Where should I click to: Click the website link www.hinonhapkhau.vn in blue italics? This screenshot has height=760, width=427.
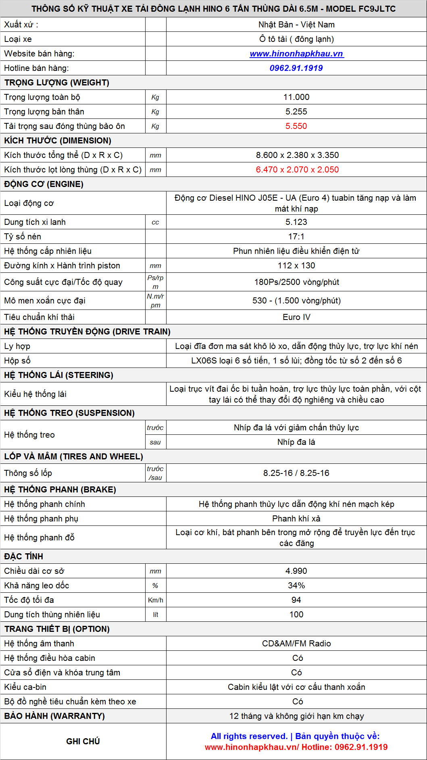296,54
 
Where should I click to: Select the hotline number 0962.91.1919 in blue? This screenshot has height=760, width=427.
296,68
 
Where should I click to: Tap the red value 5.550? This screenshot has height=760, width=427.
296,126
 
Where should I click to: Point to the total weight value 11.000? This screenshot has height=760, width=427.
296,97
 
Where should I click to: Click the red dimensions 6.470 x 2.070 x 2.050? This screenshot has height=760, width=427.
297,170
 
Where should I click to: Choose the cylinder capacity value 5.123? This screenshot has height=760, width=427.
296,222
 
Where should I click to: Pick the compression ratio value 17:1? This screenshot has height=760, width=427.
296,237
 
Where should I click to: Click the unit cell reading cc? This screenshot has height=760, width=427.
155,222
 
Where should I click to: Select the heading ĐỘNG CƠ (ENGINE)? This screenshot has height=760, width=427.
44,184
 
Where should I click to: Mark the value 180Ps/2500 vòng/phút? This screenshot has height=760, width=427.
296,282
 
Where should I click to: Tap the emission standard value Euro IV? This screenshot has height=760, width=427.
296,317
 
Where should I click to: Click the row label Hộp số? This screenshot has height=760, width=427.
17,361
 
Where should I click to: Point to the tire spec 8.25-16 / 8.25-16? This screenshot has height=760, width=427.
296,473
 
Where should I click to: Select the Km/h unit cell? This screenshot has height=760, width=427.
156,600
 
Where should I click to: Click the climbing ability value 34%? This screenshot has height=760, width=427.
296,586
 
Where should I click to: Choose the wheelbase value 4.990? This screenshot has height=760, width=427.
296,571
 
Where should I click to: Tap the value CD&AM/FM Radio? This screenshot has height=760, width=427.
296,644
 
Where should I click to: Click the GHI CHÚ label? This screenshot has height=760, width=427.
83,741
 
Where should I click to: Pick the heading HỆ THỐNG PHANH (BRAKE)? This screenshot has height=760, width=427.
60,490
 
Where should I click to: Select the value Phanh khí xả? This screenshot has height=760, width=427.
296,519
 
